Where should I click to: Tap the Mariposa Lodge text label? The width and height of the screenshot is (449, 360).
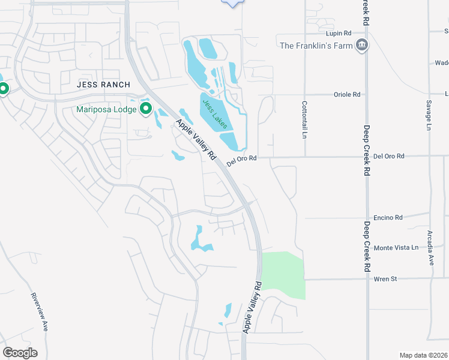106,109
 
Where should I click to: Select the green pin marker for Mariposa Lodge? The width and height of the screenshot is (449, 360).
145,109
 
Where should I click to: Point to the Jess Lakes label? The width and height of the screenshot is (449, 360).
214,113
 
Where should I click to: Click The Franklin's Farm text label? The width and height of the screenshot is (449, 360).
316,45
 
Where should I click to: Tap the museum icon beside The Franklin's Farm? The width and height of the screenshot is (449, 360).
361,45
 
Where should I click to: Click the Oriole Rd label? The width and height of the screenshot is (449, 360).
347,95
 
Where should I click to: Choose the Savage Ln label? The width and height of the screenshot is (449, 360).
429,115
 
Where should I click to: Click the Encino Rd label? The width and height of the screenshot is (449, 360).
388,218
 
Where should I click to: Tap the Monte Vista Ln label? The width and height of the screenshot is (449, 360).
395,248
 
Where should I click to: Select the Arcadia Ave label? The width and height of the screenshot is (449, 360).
430,248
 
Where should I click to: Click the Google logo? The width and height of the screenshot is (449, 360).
20,352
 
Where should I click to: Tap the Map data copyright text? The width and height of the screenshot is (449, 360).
423,355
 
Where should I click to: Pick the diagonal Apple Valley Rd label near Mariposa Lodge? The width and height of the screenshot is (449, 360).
196,139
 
